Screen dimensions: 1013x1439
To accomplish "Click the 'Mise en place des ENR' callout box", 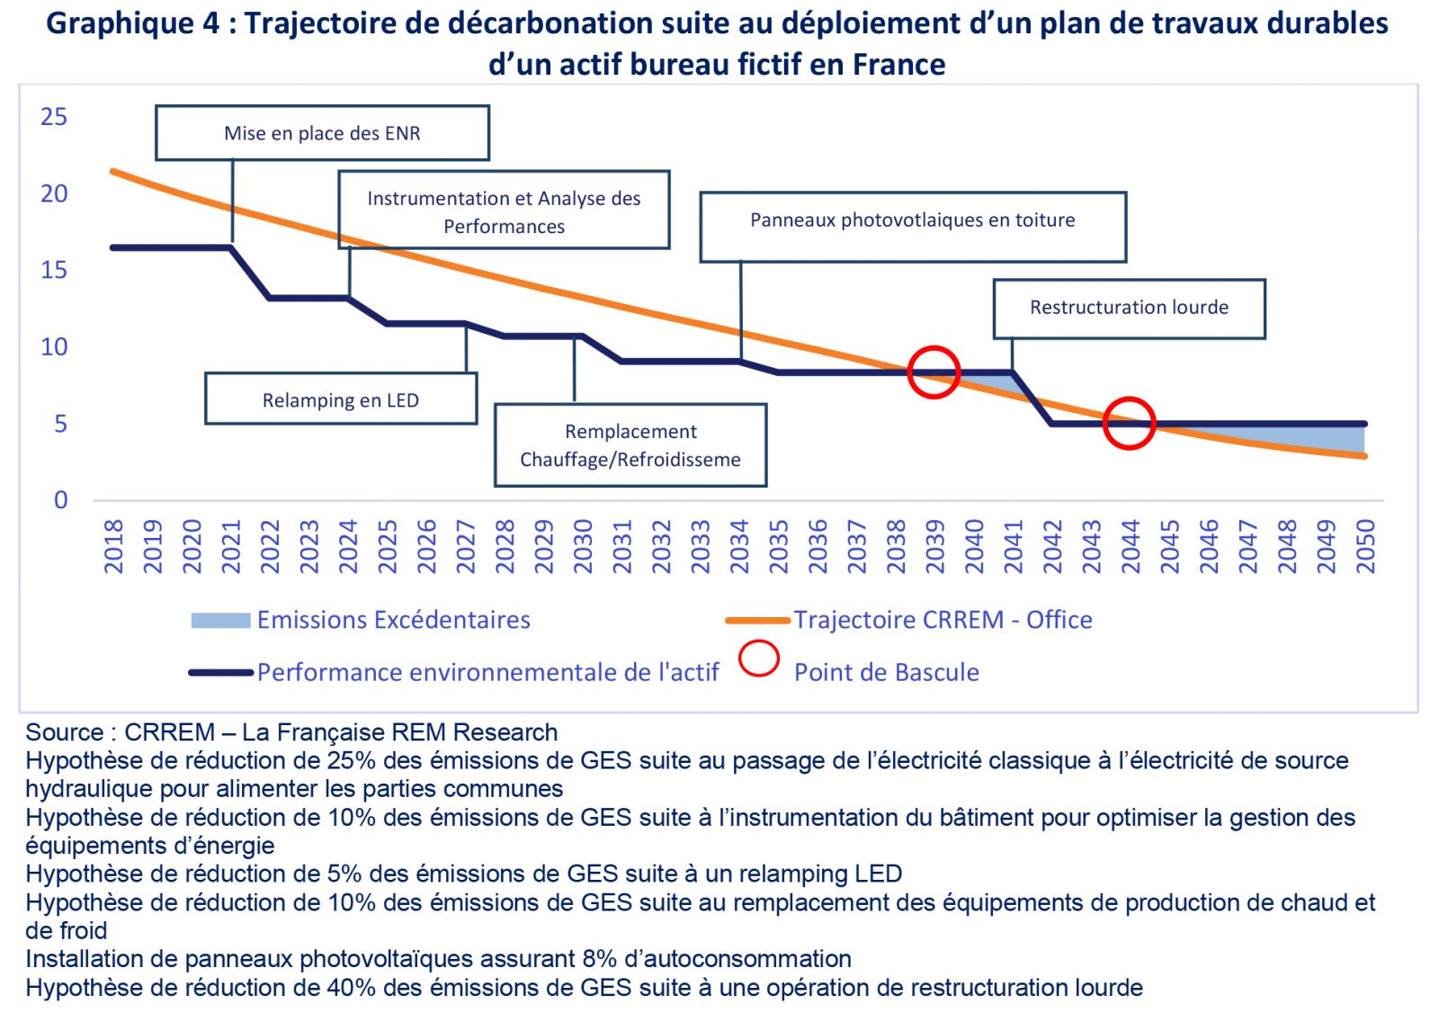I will [322, 133].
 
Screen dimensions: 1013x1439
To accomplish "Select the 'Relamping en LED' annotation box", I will [340, 399].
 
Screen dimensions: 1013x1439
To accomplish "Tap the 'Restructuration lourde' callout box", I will [1129, 308].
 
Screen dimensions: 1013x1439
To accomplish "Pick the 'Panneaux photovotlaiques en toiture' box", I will [912, 220].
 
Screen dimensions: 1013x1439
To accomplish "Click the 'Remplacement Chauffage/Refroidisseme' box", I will [630, 445].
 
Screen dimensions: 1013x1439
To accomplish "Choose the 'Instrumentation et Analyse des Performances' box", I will [504, 211].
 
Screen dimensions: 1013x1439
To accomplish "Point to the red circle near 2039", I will [934, 372].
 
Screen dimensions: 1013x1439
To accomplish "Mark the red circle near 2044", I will [1129, 423].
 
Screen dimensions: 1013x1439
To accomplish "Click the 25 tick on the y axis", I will [54, 117].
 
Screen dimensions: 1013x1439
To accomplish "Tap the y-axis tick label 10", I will [54, 347].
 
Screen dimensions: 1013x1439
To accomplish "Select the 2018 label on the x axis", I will [113, 546].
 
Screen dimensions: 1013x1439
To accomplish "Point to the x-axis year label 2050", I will [1365, 546].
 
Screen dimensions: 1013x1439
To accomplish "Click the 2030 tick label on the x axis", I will [583, 546].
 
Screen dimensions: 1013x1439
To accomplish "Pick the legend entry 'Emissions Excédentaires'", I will [393, 620].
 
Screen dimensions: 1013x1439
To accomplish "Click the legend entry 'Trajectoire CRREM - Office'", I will [943, 620].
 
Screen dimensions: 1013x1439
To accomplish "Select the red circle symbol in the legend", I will [758, 659].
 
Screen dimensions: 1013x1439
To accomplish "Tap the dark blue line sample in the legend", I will [220, 672].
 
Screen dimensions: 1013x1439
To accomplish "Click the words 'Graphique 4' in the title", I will [132, 23].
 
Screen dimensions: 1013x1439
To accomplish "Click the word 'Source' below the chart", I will [64, 732].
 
